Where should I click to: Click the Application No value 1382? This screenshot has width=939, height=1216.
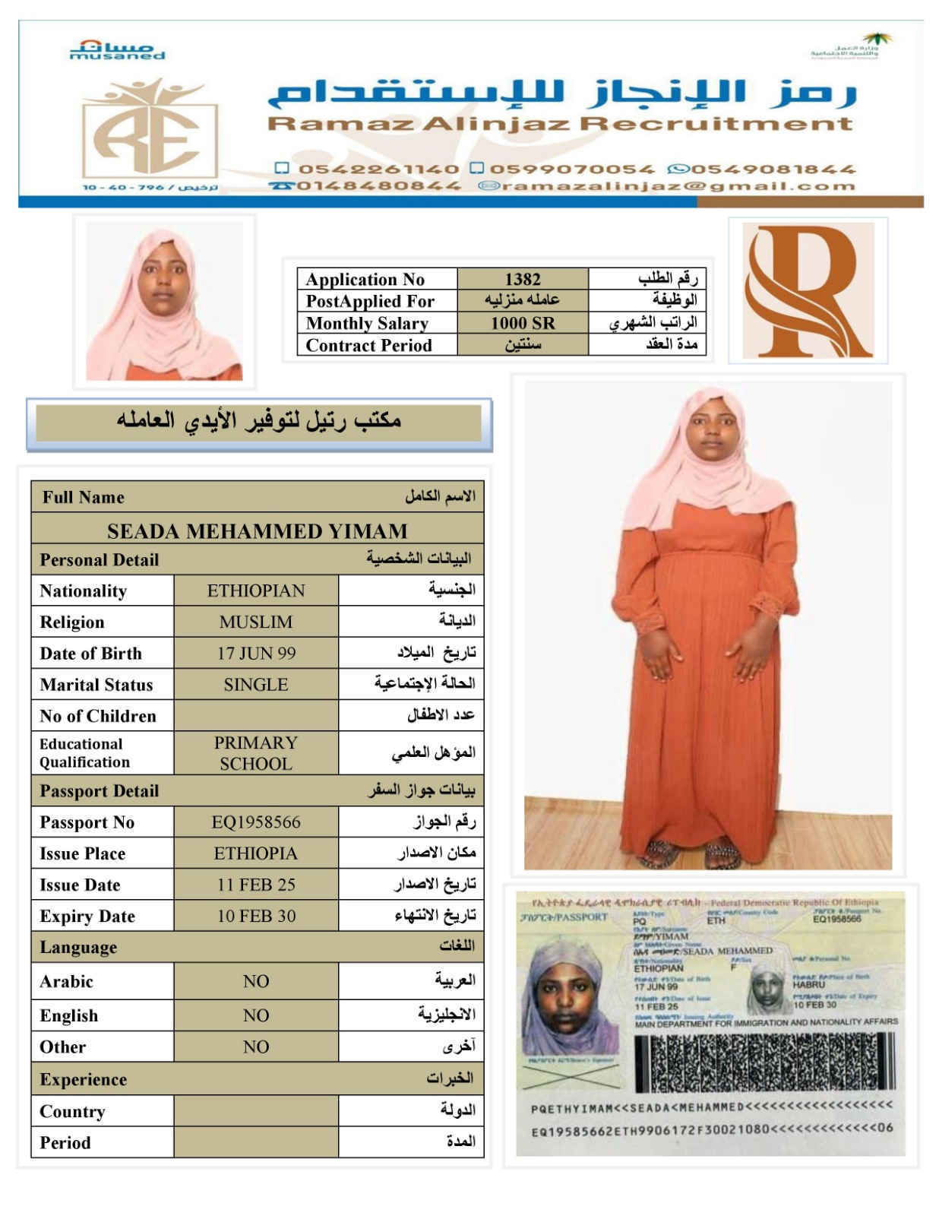click(x=523, y=279)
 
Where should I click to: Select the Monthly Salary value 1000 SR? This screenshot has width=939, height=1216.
click(x=523, y=323)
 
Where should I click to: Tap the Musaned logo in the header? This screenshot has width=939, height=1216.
click(x=117, y=51)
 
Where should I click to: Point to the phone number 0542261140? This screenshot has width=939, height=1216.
click(x=378, y=169)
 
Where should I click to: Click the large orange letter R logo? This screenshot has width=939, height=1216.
click(x=807, y=290)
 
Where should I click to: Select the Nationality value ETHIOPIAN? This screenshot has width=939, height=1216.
click(x=256, y=591)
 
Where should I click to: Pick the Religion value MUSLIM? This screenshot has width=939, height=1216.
click(x=256, y=622)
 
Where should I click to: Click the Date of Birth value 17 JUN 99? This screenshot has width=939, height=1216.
click(x=256, y=653)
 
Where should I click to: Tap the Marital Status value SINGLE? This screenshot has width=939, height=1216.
click(x=256, y=685)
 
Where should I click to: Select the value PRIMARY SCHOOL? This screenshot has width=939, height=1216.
click(x=256, y=753)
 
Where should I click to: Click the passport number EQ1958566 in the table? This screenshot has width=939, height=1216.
click(x=256, y=822)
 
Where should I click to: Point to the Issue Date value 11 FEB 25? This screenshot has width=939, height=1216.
click(x=256, y=885)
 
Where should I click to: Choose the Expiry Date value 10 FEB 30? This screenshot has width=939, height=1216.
click(x=256, y=916)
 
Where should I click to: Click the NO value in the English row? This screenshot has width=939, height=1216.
click(x=256, y=1015)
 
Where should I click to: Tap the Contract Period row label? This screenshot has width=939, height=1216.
click(x=369, y=345)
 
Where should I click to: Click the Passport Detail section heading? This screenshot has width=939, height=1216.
click(x=100, y=791)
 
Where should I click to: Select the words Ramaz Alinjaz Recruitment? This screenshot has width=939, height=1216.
click(x=560, y=124)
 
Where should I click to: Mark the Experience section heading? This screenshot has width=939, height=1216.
click(x=84, y=1080)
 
